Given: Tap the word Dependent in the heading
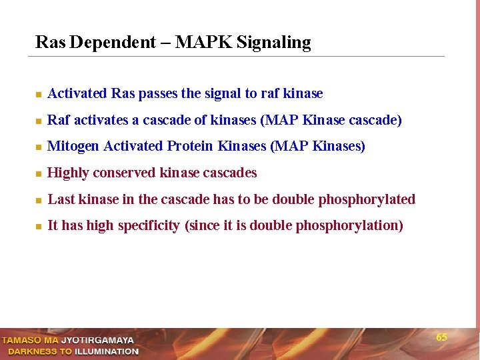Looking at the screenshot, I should pyautogui.click(x=112, y=43).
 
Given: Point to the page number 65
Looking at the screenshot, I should pyautogui.click(x=441, y=337).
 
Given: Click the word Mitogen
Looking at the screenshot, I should pyautogui.click(x=73, y=147).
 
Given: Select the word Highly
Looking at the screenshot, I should pyautogui.click(x=68, y=173).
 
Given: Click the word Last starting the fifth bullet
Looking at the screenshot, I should pyautogui.click(x=61, y=199).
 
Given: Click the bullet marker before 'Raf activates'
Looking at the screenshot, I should pyautogui.click(x=39, y=121).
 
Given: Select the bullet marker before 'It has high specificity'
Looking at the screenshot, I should pyautogui.click(x=39, y=227).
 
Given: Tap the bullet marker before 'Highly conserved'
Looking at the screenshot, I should pyautogui.click(x=39, y=174).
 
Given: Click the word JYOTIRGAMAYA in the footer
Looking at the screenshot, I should pyautogui.click(x=97, y=340).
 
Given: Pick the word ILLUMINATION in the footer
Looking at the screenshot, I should pyautogui.click(x=107, y=351).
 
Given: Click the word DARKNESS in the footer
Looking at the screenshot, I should pyautogui.click(x=31, y=351).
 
